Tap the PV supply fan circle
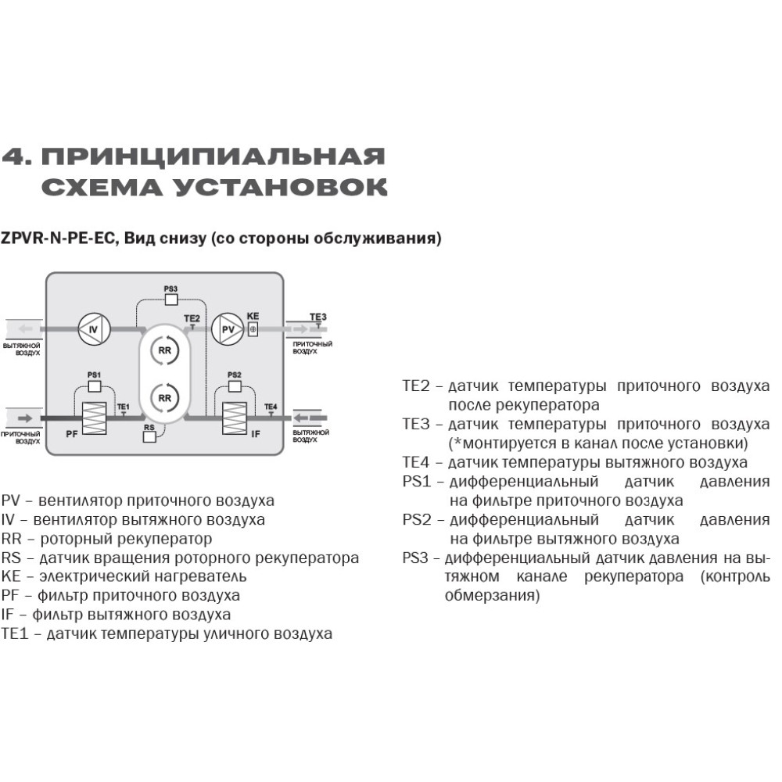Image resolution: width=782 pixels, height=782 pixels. point(228,330)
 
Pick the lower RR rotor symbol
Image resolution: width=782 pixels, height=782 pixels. point(164,397)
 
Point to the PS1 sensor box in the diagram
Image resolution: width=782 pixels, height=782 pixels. point(94,386)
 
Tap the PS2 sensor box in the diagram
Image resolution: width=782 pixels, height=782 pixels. point(234,386)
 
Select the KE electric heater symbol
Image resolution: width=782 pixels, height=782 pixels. point(253,330)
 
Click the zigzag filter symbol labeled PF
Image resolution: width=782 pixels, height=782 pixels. point(94,418)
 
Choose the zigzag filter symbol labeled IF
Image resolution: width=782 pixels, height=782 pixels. point(234,418)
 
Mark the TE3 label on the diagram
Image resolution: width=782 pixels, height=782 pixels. point(317,317)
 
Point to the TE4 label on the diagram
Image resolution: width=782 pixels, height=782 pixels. point(271,407)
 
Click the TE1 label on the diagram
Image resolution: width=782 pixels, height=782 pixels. point(123,407)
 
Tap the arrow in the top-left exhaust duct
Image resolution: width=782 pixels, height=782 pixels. point(27,329)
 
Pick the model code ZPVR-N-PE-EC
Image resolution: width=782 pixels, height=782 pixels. point(59,239)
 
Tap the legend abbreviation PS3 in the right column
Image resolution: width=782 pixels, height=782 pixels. point(417,558)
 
